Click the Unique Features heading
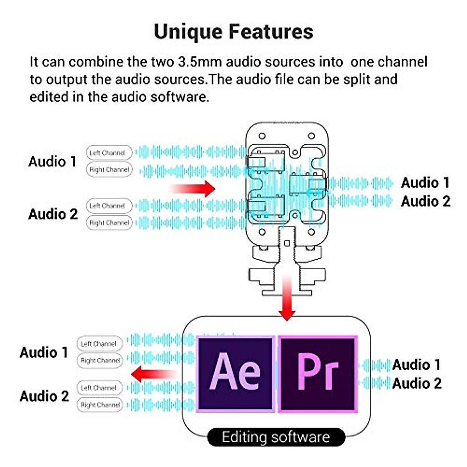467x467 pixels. point(233,32)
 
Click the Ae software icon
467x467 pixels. point(235,374)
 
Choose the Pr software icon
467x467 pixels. point(318,374)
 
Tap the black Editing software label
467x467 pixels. point(276,437)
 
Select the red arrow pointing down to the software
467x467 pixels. point(287,298)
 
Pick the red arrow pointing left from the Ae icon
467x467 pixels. point(154,374)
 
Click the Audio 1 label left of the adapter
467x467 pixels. point(53,162)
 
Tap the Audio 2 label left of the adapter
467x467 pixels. point(53,214)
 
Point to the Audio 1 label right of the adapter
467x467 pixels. point(425,183)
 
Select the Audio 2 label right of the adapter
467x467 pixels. point(425,201)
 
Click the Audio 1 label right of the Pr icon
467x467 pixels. point(416,365)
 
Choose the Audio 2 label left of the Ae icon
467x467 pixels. point(44,396)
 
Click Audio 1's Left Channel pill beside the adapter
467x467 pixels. point(109,153)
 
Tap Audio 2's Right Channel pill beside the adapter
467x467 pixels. point(109,223)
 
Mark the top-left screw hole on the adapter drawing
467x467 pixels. point(262,136)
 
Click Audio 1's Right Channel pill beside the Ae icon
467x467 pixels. point(100,360)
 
